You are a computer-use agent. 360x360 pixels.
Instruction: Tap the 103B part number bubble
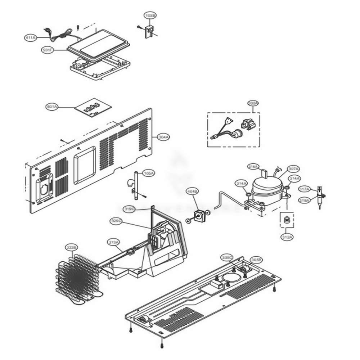150,16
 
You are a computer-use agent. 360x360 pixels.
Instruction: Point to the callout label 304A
163,137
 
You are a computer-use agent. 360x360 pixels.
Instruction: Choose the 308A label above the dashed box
253,103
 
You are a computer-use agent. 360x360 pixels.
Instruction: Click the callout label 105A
149,173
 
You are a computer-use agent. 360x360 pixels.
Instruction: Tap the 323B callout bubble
71,247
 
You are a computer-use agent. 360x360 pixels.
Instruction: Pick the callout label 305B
256,259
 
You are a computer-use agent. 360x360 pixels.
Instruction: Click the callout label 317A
305,189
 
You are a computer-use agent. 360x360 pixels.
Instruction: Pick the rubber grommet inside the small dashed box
287,220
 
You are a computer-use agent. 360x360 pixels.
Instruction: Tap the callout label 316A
253,167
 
